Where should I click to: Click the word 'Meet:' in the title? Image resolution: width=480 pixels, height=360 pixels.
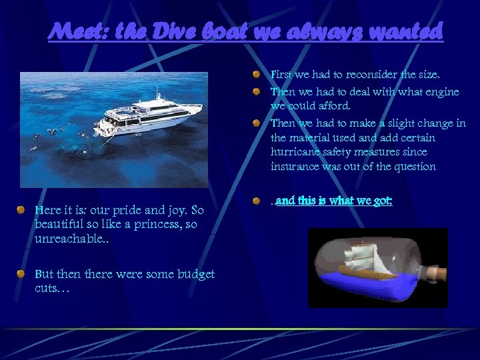[x=76, y=31]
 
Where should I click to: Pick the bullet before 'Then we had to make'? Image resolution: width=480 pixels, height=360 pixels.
[x=257, y=123]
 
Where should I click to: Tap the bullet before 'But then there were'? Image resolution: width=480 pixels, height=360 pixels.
[x=23, y=274]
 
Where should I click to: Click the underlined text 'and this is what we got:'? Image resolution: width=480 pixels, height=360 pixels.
[x=334, y=200]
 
